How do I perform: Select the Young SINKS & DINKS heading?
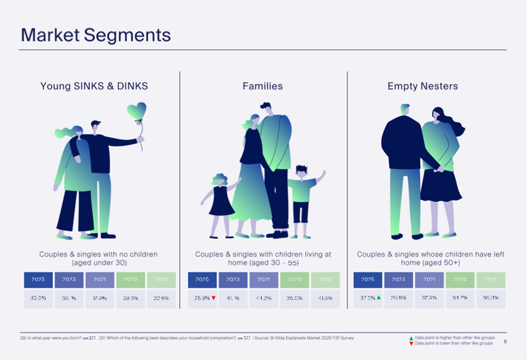[x=94, y=86]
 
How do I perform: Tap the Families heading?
[x=262, y=86]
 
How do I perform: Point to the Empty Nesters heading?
[x=423, y=86]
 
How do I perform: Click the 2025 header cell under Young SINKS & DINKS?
[x=38, y=280]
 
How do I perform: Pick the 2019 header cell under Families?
[x=325, y=280]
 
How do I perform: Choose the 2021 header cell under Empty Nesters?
[x=429, y=280]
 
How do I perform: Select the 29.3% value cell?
[x=130, y=299]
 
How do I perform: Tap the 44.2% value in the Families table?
[x=263, y=299]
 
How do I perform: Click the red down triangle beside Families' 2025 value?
[x=214, y=298]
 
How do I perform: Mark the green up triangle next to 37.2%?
[x=379, y=298]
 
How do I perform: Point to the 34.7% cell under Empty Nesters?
[x=460, y=299]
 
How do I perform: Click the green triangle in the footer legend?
[x=411, y=339]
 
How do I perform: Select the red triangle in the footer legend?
[x=411, y=343]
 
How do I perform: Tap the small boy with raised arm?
[x=301, y=195]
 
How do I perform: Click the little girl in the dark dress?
[x=221, y=198]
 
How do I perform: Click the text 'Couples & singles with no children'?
[x=98, y=254]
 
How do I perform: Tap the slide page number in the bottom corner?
[x=505, y=342]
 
